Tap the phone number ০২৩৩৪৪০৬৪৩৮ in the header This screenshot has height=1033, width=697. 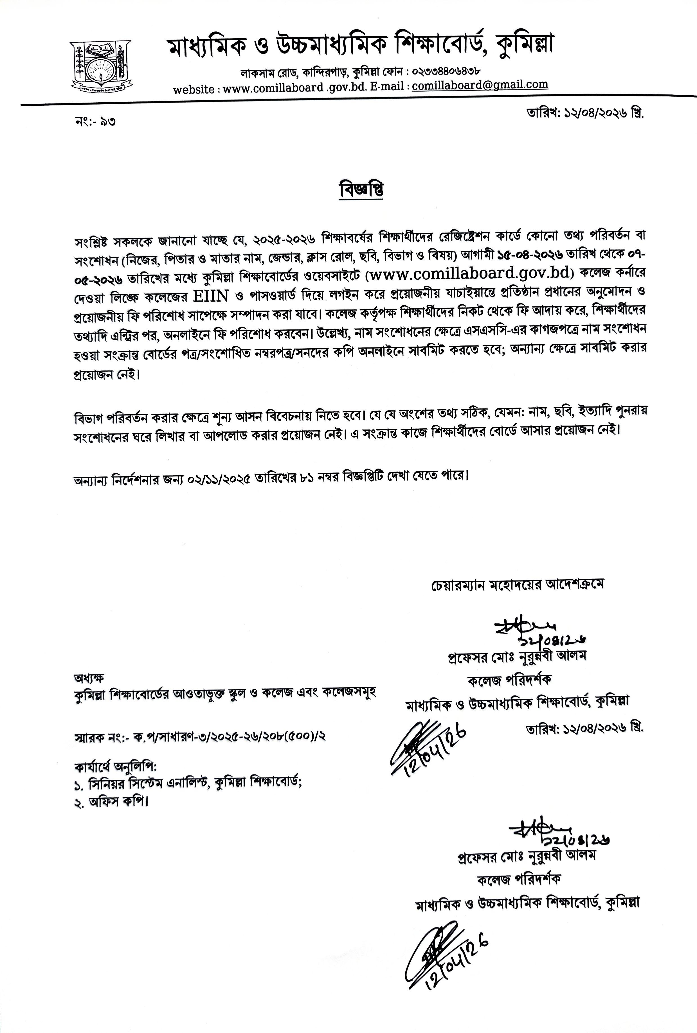click(x=446, y=71)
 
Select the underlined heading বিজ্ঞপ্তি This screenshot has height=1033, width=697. click(x=361, y=190)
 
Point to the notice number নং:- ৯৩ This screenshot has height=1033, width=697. click(x=96, y=121)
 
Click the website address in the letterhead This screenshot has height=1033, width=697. click(x=273, y=89)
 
